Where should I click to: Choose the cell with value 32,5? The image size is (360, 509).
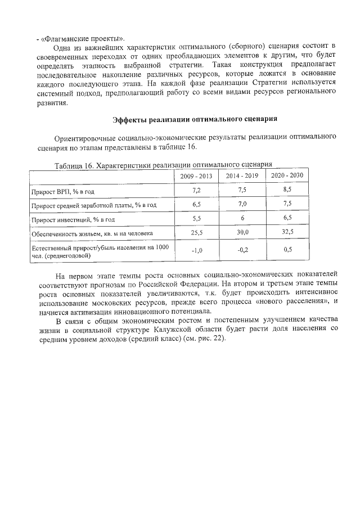(x=287, y=232)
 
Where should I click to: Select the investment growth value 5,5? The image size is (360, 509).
(x=197, y=219)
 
